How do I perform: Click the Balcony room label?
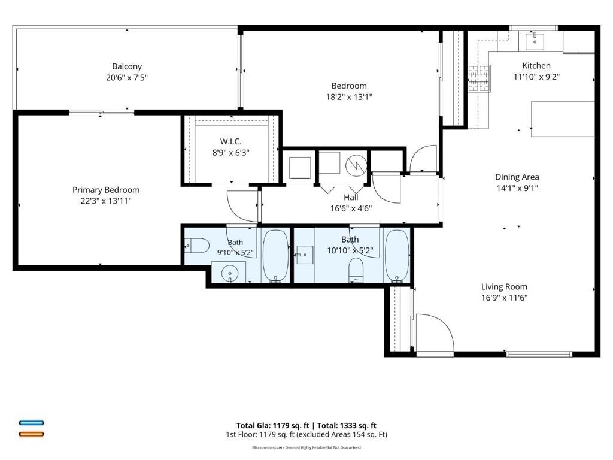[127, 66]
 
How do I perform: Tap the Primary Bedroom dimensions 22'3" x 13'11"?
[105, 201]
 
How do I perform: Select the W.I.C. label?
[230, 141]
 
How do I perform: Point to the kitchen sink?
[535, 41]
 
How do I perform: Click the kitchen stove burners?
[480, 78]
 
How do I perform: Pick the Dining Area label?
[517, 177]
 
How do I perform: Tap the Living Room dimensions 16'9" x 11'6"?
[504, 298]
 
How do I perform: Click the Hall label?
[351, 198]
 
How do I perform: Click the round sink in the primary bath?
[230, 273]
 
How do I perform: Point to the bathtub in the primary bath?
[275, 256]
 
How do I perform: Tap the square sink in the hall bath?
[305, 255]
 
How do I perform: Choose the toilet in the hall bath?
[356, 270]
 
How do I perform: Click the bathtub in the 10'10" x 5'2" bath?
[397, 256]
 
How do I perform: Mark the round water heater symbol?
[356, 165]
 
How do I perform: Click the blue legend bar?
[31, 423]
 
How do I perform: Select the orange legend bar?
[31, 434]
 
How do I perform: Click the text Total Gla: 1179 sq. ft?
[272, 426]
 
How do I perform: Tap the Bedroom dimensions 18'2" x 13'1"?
[349, 97]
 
